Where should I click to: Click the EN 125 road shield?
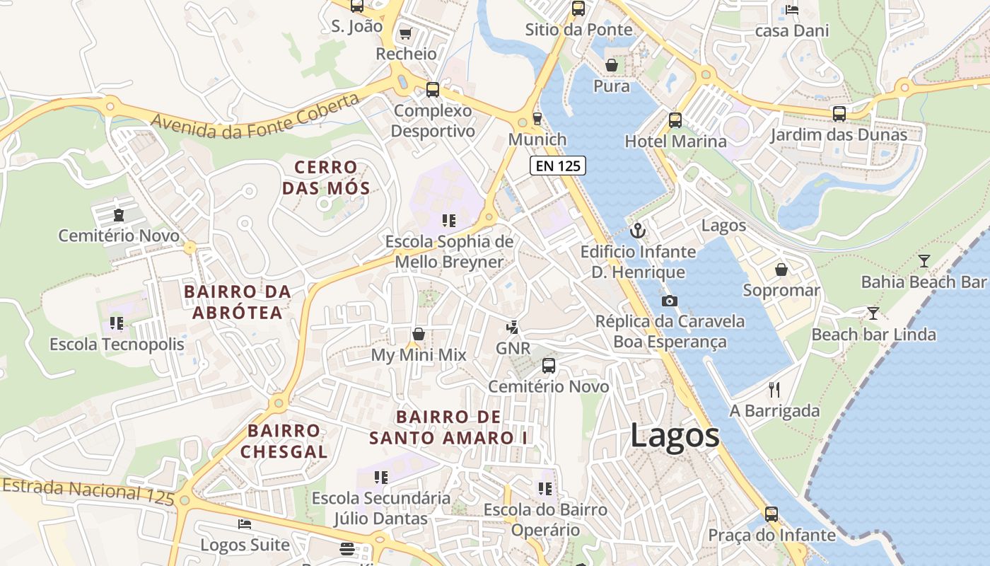[x=558, y=166]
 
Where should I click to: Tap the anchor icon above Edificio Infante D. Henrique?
[x=638, y=231]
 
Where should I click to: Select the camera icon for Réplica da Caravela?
[x=669, y=301]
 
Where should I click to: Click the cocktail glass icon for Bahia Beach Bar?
[x=924, y=261]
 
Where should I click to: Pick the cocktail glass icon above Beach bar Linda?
[x=873, y=313]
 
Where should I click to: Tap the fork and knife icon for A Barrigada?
[x=774, y=390]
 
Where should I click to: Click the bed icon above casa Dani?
[x=792, y=10]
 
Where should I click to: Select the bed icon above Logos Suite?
[x=245, y=524]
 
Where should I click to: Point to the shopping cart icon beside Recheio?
[x=405, y=33]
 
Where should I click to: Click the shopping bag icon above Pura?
[x=612, y=65]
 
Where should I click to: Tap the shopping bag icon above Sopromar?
[x=781, y=270]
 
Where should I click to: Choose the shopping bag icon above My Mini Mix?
[x=419, y=334]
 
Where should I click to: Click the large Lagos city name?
[x=675, y=435]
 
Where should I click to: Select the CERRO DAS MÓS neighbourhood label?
[x=326, y=178]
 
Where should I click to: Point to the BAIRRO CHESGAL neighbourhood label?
[x=284, y=441]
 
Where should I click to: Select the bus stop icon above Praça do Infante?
[x=771, y=514]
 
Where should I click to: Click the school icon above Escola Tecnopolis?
[x=117, y=324]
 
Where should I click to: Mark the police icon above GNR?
[x=513, y=328]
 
